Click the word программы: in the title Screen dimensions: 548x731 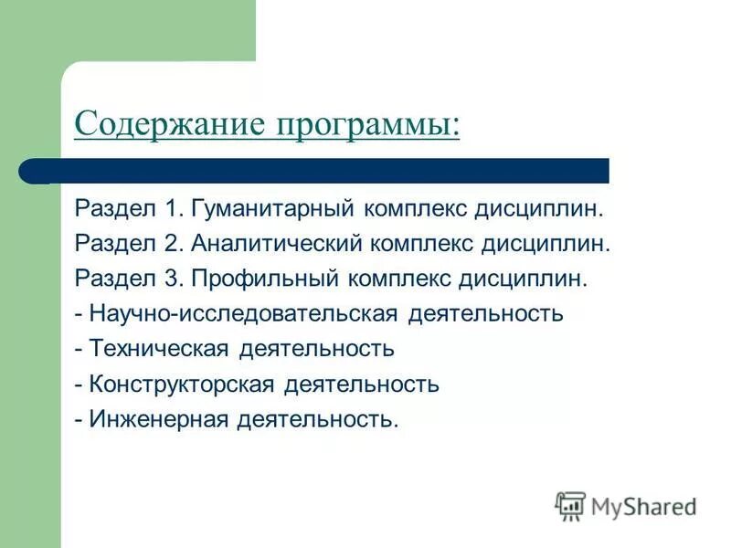click(x=365, y=125)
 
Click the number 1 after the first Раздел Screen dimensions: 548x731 click(x=170, y=209)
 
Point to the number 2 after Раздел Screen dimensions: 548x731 click(x=170, y=244)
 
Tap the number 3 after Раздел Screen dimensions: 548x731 click(x=170, y=279)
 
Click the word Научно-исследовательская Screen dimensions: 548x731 click(x=243, y=314)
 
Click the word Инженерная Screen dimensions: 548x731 click(x=159, y=419)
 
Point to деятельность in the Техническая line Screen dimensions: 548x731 click(x=316, y=349)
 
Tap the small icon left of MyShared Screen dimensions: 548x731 click(x=569, y=506)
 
